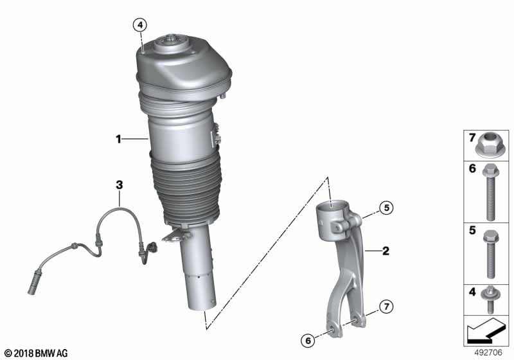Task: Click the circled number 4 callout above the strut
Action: [140, 24]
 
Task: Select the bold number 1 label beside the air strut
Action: [118, 139]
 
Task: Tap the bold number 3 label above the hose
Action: [120, 185]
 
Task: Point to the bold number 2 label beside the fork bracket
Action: [386, 251]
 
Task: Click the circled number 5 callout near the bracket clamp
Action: [387, 208]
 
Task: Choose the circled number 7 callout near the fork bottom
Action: [387, 307]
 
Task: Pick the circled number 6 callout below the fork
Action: [308, 341]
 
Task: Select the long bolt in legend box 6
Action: [491, 192]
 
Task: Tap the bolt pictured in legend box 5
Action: [491, 253]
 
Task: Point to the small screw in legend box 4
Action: [490, 300]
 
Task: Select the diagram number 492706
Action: [488, 353]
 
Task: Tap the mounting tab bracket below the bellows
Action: [175, 235]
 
